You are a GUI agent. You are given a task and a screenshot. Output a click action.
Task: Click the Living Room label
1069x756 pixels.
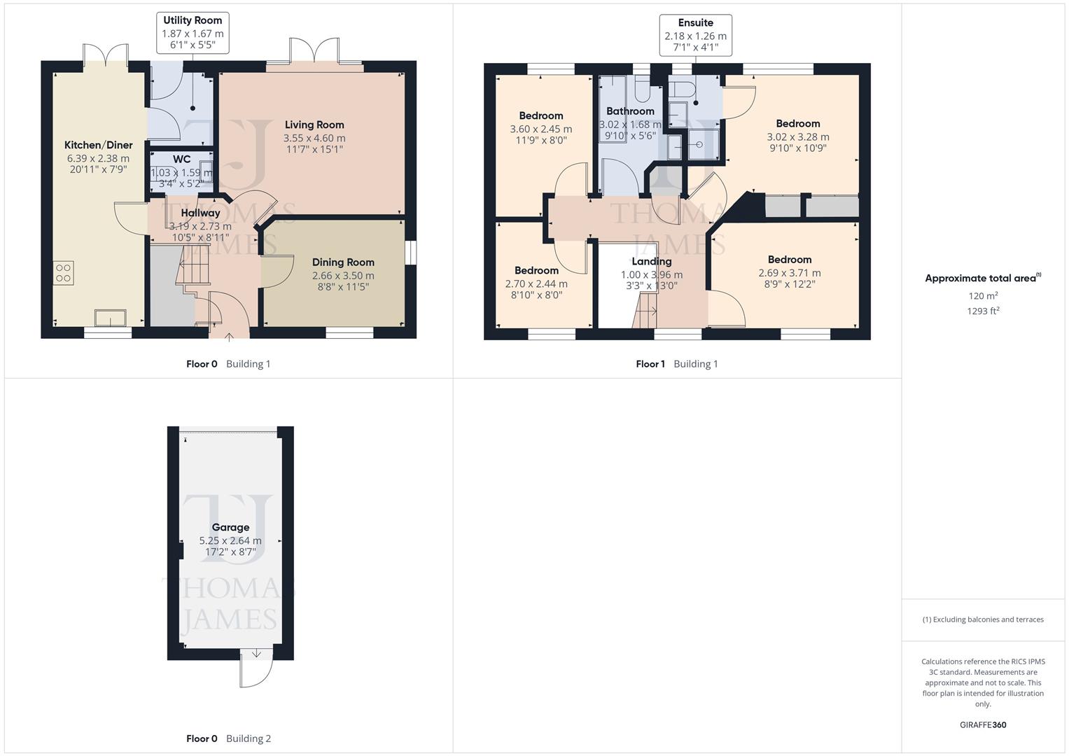click(x=314, y=125)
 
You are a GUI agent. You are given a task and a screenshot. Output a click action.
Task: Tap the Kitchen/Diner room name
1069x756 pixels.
click(x=98, y=145)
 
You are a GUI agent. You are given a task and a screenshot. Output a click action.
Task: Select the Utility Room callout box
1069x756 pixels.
click(x=193, y=33)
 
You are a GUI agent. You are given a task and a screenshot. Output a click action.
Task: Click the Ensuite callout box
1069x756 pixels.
click(x=695, y=35)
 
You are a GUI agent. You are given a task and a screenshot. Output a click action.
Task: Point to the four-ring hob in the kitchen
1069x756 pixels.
click(x=63, y=272)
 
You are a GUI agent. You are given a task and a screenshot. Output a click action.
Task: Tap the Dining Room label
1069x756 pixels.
click(x=343, y=262)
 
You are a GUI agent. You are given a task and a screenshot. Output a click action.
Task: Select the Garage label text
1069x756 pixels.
click(x=230, y=528)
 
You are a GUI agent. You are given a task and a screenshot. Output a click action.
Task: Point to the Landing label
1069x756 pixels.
click(x=651, y=262)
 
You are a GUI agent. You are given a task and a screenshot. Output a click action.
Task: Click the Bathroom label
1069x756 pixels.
click(x=630, y=111)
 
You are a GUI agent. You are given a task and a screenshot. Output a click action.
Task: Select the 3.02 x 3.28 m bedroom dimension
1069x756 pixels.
click(x=798, y=137)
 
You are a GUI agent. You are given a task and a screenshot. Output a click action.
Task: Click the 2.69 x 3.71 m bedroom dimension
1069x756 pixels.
click(x=790, y=273)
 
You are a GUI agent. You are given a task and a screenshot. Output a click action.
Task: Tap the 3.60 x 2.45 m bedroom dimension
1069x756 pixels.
click(x=540, y=129)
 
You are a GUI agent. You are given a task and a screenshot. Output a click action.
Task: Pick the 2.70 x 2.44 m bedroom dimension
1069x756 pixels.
click(x=536, y=283)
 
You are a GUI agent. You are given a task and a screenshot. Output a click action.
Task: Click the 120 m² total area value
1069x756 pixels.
click(x=983, y=296)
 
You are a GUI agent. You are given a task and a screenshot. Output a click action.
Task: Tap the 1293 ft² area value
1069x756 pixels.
click(x=983, y=311)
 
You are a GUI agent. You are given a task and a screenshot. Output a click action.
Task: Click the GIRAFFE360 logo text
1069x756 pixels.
click(x=983, y=725)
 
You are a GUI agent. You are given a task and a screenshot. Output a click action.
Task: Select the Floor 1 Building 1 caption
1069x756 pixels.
click(x=676, y=364)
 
